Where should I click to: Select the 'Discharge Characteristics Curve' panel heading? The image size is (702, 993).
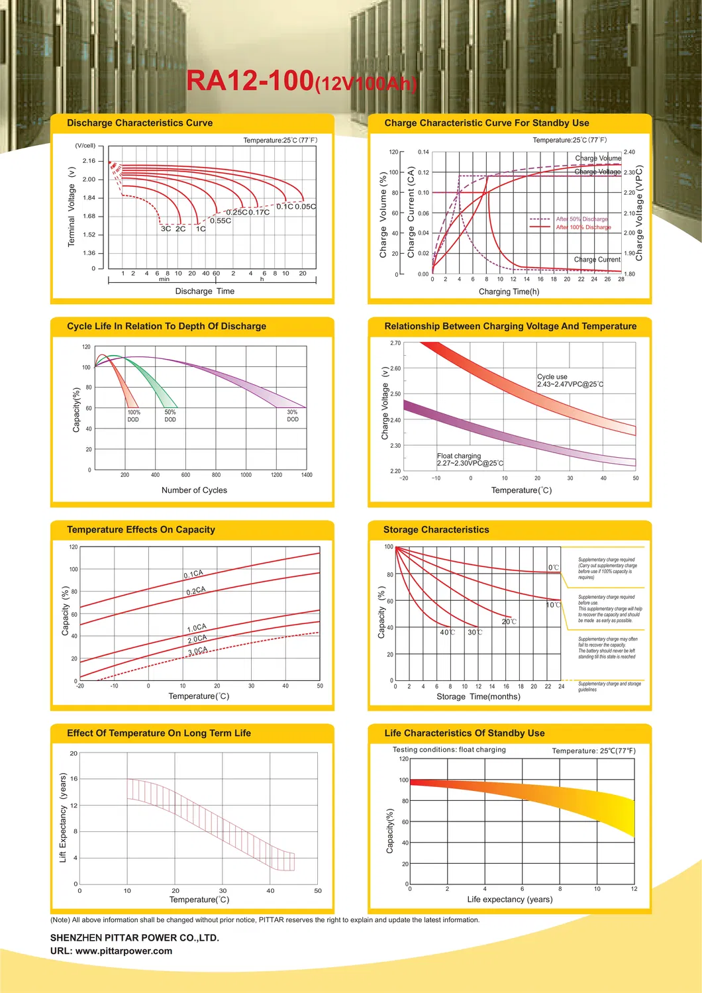coord(140,123)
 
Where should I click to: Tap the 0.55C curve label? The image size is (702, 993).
coord(221,221)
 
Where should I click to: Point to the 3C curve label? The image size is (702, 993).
coord(166,229)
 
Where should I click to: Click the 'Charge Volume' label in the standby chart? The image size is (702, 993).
coord(598,158)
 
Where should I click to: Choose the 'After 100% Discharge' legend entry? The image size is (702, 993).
coord(583,227)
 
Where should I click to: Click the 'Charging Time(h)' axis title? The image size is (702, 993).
coord(509,291)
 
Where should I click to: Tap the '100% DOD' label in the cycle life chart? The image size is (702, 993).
coord(134,416)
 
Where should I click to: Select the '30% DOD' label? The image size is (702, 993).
coord(293,415)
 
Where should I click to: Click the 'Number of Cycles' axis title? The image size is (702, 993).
coord(194,490)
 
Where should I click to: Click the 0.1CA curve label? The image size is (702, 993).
coord(193,574)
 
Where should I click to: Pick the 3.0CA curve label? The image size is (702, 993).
coord(197,651)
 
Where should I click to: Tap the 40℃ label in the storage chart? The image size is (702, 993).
coord(447,632)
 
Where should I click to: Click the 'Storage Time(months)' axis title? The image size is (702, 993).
coord(478,696)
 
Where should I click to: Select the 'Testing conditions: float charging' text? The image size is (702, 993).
coord(449,750)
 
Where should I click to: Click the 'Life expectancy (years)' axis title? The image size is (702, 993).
coord(509,900)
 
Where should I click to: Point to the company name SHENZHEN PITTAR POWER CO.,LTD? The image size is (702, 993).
coord(134,938)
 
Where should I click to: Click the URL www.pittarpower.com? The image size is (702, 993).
coord(111,951)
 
